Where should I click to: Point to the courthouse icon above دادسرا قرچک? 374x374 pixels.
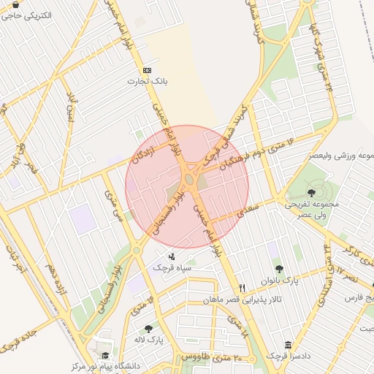(x=289, y=344)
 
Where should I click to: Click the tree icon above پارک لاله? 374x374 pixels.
(x=149, y=329)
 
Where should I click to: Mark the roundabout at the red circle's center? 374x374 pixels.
(x=188, y=178)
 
